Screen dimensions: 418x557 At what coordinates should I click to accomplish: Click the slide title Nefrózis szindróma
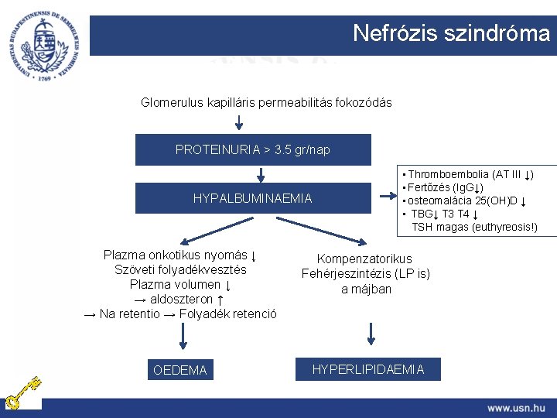451,33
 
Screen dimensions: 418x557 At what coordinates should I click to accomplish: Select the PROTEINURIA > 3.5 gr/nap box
253,149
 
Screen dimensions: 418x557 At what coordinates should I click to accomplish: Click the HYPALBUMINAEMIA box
253,198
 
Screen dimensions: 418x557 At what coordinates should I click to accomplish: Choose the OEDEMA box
180,370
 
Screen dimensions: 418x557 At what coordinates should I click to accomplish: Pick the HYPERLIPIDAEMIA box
368,369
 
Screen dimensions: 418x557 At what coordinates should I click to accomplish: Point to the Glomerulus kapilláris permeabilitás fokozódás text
266,102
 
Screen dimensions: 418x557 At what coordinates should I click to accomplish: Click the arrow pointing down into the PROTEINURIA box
237,122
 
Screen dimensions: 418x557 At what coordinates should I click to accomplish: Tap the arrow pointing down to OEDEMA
183,336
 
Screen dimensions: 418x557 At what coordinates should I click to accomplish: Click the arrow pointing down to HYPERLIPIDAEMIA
371,334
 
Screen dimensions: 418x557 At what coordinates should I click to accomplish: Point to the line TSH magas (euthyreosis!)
473,227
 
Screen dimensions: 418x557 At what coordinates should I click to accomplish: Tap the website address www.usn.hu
516,407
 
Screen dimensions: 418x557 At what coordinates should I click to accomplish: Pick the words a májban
366,289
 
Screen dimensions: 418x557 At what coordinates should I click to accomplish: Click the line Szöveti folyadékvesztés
180,269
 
